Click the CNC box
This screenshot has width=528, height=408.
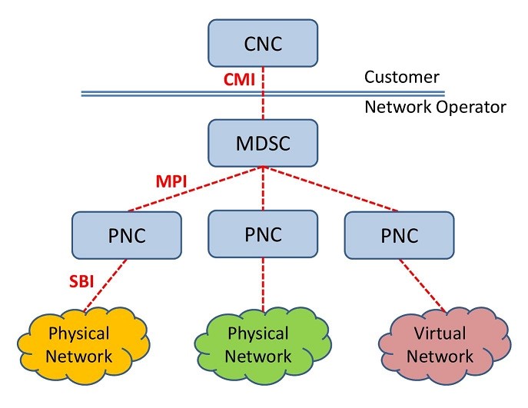pos(263,42)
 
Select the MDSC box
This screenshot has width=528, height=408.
pos(263,143)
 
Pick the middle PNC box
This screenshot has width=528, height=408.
pos(263,234)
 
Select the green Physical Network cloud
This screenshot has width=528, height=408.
pos(258,345)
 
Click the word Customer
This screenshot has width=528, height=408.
pos(402,77)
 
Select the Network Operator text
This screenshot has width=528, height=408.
pos(435,107)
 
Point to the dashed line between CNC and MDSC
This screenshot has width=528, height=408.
pos(263,104)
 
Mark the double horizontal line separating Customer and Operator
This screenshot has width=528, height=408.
pos(154,94)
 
